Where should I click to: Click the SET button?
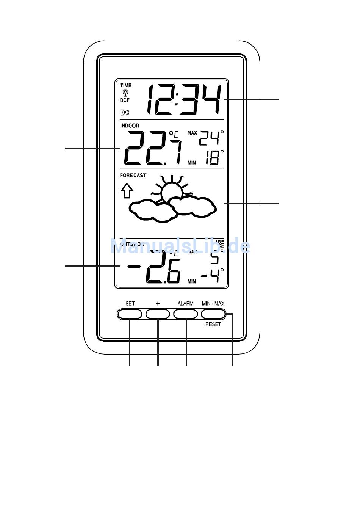(x=130, y=314)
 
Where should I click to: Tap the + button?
(x=158, y=314)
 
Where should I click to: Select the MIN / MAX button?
(x=213, y=314)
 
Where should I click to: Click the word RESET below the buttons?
(x=213, y=324)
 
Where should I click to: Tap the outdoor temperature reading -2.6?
(x=155, y=268)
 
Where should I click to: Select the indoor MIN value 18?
(x=213, y=157)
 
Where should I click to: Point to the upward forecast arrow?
(x=127, y=190)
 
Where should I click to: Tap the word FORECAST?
(x=133, y=176)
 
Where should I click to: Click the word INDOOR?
(x=130, y=126)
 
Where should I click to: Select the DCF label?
(x=125, y=100)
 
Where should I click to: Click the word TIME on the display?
(x=126, y=85)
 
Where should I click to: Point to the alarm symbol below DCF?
(x=125, y=112)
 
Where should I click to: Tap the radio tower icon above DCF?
(x=125, y=93)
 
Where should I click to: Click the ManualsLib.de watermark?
(x=180, y=246)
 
